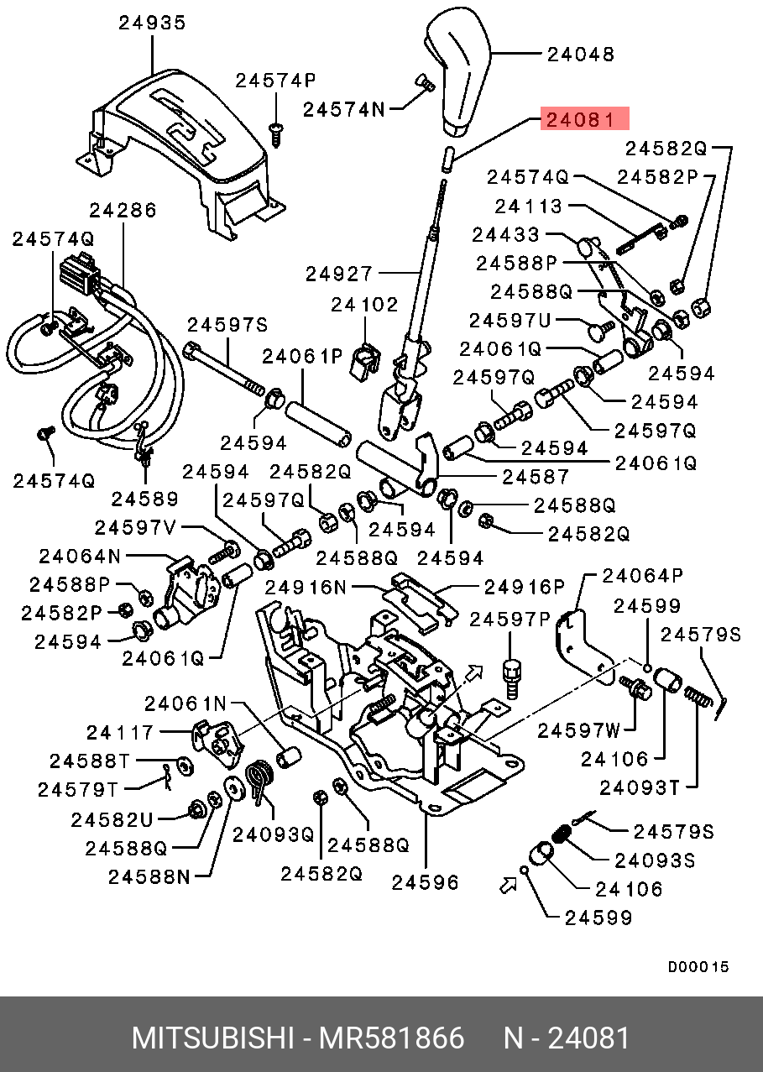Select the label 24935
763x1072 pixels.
point(152,24)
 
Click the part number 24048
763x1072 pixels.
point(581,55)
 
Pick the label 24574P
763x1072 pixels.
point(275,81)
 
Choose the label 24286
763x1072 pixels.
point(123,210)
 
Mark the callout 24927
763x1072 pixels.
point(338,274)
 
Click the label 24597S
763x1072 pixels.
point(227,324)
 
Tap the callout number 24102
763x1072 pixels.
point(364,304)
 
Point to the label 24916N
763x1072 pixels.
point(306,587)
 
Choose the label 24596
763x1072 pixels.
point(426,881)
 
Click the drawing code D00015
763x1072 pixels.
point(698,966)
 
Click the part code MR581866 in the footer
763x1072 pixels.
point(390,1038)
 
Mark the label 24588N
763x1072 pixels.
point(149,876)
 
